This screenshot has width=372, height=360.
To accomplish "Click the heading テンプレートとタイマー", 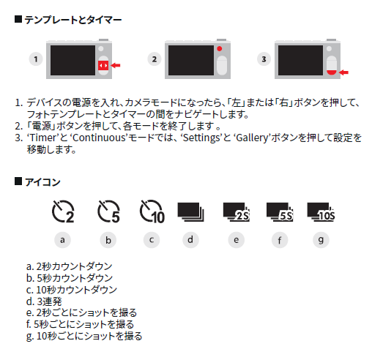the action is click(72, 20).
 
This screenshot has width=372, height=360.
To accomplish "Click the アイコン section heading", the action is click(42, 182).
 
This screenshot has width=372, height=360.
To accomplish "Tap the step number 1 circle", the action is click(36, 59).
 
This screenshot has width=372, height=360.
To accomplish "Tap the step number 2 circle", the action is click(155, 59).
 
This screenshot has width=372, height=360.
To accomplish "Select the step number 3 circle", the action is click(264, 59).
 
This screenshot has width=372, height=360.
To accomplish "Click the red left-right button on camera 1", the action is click(103, 65).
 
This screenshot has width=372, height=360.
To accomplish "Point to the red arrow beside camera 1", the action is click(116, 65).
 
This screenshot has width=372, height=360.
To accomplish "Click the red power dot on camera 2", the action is click(220, 49).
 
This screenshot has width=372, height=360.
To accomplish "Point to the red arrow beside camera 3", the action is click(343, 72).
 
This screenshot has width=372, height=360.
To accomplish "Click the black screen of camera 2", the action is click(191, 60).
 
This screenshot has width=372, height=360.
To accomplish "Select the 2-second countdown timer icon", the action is click(63, 211).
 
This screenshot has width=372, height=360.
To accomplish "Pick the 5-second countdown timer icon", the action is click(108, 211).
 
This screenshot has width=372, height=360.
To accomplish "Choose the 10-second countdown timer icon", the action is click(152, 211).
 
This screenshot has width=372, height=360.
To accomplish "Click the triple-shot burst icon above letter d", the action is click(190, 212).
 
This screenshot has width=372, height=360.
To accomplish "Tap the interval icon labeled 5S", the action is click(280, 212).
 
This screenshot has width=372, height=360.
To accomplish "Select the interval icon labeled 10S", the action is click(321, 212).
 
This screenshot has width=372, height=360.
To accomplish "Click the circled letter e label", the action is click(237, 240).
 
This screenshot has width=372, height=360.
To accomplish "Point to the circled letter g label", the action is click(321, 240).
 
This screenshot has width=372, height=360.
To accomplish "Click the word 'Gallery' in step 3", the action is click(252, 138).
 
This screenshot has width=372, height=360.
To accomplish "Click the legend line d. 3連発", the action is click(44, 301).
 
